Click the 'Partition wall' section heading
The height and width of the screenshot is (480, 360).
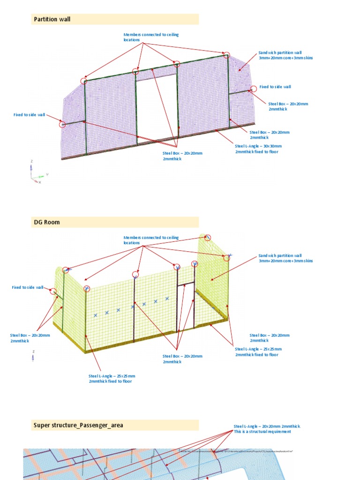pyautogui.click(x=52, y=19)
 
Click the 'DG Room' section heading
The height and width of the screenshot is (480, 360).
pyautogui.click(x=47, y=222)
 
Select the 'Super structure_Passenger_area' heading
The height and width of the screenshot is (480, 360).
pyautogui.click(x=78, y=426)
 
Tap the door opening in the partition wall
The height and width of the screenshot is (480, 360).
pyautogui.click(x=157, y=108)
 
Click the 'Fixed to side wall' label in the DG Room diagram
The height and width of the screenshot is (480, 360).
pyautogui.click(x=28, y=287)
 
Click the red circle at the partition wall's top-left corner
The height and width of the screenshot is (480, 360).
pyautogui.click(x=84, y=81)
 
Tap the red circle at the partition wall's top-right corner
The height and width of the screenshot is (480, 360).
pyautogui.click(x=226, y=55)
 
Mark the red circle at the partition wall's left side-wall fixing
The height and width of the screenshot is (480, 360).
pyautogui.click(x=62, y=124)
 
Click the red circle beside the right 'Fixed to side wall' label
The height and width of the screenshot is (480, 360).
pyautogui.click(x=253, y=89)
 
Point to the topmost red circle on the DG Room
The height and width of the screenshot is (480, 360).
pyautogui.click(x=208, y=238)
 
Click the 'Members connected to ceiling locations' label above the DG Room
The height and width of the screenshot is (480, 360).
pyautogui.click(x=151, y=240)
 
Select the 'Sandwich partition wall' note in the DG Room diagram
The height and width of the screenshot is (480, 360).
pyautogui.click(x=285, y=258)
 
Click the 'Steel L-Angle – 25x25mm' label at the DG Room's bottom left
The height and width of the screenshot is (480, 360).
pyautogui.click(x=112, y=378)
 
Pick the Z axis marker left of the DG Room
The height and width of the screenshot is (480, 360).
pyautogui.click(x=33, y=356)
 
